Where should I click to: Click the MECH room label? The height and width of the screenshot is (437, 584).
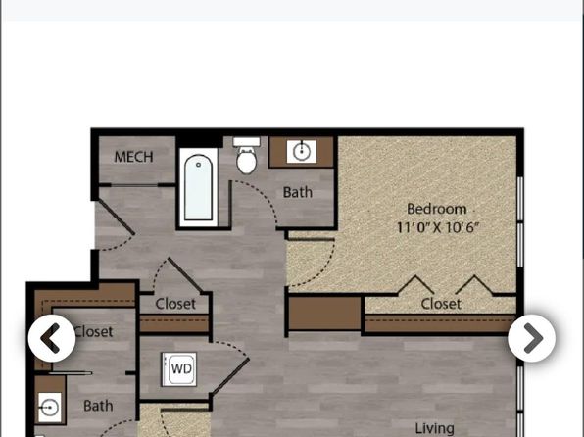tap(133, 157)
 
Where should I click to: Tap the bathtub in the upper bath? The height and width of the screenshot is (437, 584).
tap(199, 187)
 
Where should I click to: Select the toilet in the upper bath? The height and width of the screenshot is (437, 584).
tap(247, 156)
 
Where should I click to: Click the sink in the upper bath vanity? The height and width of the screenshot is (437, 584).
tap(302, 151)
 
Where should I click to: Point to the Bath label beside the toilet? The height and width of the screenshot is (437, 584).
tap(298, 192)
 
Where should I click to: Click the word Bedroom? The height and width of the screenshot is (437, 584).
tap(436, 209)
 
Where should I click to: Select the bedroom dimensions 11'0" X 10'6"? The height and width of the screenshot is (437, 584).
tap(438, 227)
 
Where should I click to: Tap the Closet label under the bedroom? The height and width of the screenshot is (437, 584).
tap(441, 304)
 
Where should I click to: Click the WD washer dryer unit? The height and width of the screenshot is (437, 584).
tap(179, 369)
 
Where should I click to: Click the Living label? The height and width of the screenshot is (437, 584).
tap(435, 428)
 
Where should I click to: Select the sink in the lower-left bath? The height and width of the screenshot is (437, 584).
tap(50, 408)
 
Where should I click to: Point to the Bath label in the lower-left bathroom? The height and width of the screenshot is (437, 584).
tap(98, 406)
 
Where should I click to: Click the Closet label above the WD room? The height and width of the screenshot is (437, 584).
tap(175, 304)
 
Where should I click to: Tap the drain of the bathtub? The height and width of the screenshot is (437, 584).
tap(199, 165)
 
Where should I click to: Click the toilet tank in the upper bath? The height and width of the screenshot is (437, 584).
tap(247, 141)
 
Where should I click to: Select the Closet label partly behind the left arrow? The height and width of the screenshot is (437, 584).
tap(93, 331)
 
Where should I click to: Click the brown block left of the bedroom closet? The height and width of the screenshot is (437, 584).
tap(324, 314)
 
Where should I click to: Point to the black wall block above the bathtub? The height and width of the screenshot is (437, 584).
tap(200, 142)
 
